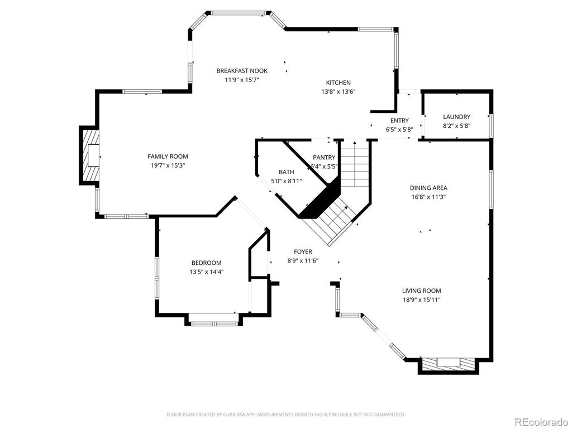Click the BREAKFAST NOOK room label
(x=242, y=71)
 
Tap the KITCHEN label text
(x=339, y=83)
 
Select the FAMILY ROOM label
(x=168, y=156)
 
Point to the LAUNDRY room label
(x=456, y=117)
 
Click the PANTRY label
(x=324, y=158)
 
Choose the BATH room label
(x=286, y=172)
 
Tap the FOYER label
(x=303, y=252)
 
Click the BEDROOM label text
(x=206, y=263)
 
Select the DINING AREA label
(x=428, y=188)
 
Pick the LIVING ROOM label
(x=421, y=291)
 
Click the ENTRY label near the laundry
(x=399, y=121)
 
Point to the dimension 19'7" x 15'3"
(x=168, y=165)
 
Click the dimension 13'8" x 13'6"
(x=339, y=92)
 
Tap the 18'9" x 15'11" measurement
(x=421, y=300)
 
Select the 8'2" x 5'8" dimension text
(x=456, y=126)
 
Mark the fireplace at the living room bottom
(x=448, y=364)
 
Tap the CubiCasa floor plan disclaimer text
(x=286, y=414)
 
